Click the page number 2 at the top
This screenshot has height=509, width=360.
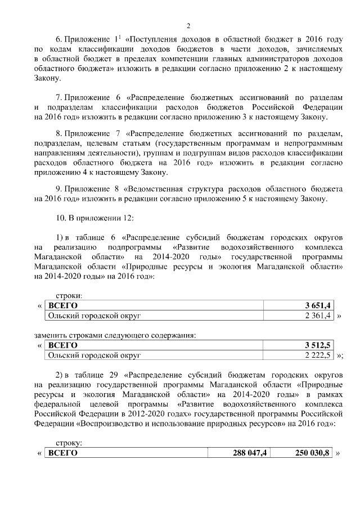tap(188, 25)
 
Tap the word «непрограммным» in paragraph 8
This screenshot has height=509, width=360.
tap(313, 144)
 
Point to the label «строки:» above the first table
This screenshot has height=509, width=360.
tap(70, 295)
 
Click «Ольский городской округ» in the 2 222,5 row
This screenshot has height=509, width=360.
tap(94, 356)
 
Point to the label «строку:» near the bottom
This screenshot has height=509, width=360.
tap(70, 443)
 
